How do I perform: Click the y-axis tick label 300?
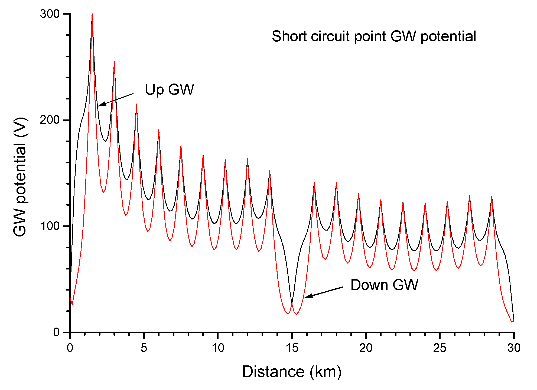pyautogui.click(x=50, y=14)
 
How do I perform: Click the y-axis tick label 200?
pyautogui.click(x=50, y=120)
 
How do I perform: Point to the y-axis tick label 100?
pyautogui.click(x=50, y=226)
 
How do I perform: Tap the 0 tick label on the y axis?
pyautogui.click(x=56, y=332)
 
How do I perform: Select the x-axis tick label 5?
pyautogui.click(x=144, y=348)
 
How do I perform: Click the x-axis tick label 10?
pyautogui.click(x=218, y=348)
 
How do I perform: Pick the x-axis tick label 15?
pyautogui.click(x=292, y=348)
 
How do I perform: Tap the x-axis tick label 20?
pyautogui.click(x=366, y=348)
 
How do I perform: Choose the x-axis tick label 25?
pyautogui.click(x=440, y=348)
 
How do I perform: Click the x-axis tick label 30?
pyautogui.click(x=514, y=348)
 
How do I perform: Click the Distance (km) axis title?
pyautogui.click(x=292, y=372)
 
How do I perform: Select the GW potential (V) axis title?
pyautogui.click(x=20, y=177)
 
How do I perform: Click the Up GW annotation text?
pyautogui.click(x=170, y=89)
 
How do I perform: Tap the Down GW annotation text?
pyautogui.click(x=384, y=285)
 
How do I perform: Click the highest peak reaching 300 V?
pyautogui.click(x=92, y=14)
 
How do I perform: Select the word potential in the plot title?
pyautogui.click(x=448, y=37)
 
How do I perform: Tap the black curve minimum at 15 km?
pyautogui.click(x=292, y=303)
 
